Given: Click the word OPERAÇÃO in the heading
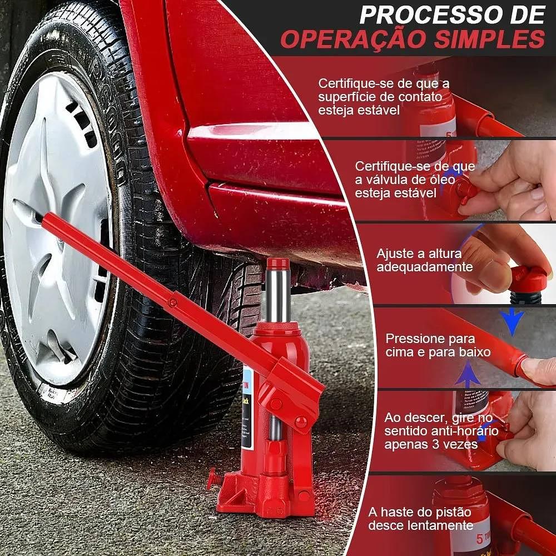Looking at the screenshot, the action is [354, 39].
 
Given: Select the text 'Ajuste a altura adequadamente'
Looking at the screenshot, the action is [424, 260].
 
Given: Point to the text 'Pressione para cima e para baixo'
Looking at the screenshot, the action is [438, 345].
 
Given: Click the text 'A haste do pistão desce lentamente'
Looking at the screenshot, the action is [420, 518].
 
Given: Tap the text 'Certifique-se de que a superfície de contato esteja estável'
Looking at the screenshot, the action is [384, 96].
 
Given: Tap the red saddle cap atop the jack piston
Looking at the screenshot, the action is [278, 263].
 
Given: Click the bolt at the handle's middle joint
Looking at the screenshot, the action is [173, 302].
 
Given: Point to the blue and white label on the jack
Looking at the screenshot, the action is [248, 408].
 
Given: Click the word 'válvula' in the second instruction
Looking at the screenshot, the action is [384, 180].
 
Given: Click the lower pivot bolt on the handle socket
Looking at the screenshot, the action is [301, 422].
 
